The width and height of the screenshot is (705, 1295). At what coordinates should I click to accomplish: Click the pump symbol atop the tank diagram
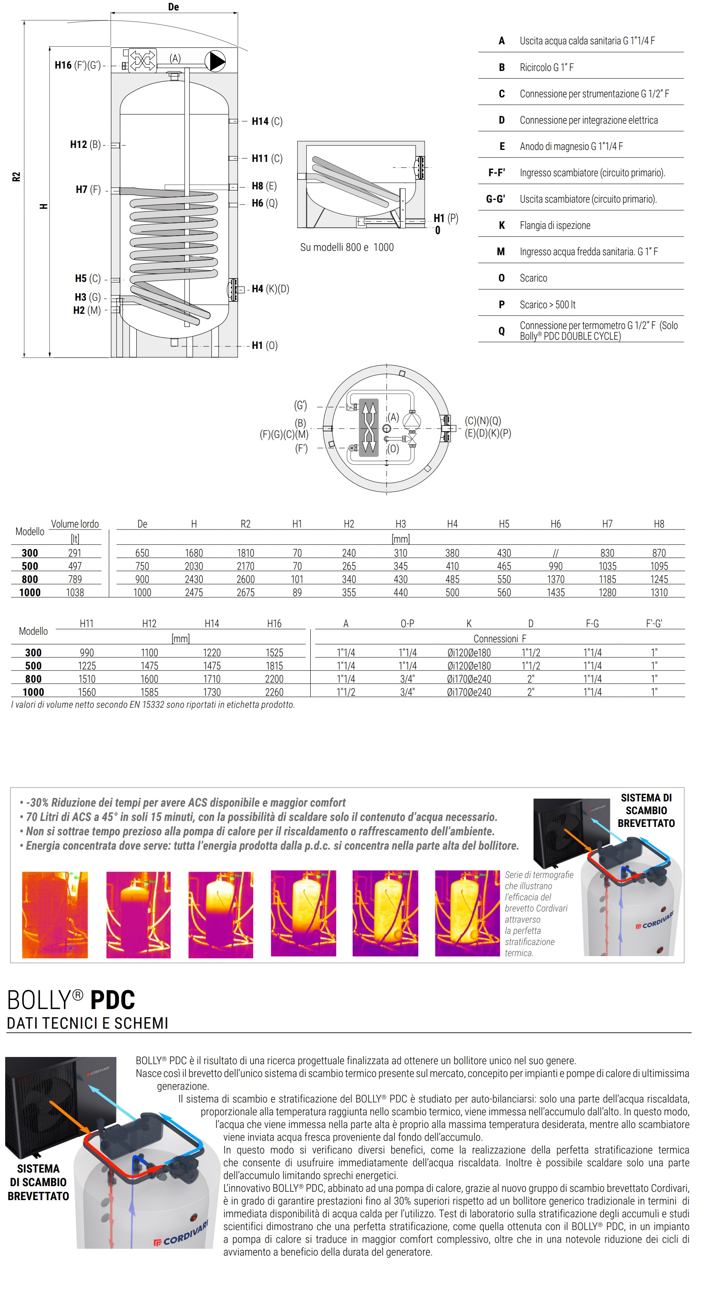216,61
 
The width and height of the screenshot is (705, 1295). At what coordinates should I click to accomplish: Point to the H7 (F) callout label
88,189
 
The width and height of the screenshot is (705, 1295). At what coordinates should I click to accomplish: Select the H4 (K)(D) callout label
270,289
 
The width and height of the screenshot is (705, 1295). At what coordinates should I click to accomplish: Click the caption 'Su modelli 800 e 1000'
347,247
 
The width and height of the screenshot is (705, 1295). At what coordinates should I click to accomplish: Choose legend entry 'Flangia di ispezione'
555,225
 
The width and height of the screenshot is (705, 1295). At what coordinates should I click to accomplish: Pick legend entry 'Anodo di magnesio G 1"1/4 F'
571,146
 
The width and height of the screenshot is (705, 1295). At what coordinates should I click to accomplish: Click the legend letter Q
501,331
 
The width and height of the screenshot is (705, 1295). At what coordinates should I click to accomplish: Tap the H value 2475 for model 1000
194,592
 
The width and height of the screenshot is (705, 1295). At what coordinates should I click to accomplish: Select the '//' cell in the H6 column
555,553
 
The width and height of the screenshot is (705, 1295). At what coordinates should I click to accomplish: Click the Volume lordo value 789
75,579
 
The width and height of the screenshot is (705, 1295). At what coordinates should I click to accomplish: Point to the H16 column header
274,623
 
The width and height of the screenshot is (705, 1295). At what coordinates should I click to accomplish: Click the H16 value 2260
274,692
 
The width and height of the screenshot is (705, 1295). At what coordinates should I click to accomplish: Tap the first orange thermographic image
55,915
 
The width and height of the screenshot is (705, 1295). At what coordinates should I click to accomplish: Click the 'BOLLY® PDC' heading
71,1000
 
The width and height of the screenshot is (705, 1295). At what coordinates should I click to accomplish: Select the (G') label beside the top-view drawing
300,405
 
